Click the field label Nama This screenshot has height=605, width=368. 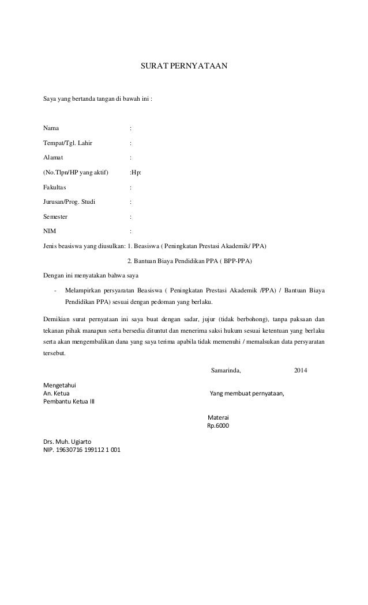[51, 128]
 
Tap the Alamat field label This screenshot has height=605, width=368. [54, 157]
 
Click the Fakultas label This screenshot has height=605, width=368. [55, 187]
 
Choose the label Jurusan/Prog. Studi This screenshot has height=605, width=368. [70, 202]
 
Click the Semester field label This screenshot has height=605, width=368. [55, 217]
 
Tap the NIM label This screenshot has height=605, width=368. [50, 232]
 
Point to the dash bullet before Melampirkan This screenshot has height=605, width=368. [54, 291]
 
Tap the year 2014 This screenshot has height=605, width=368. [301, 370]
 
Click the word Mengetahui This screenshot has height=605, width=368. [61, 385]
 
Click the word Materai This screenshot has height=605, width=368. [217, 417]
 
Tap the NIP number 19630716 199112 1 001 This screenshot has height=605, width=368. [88, 450]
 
